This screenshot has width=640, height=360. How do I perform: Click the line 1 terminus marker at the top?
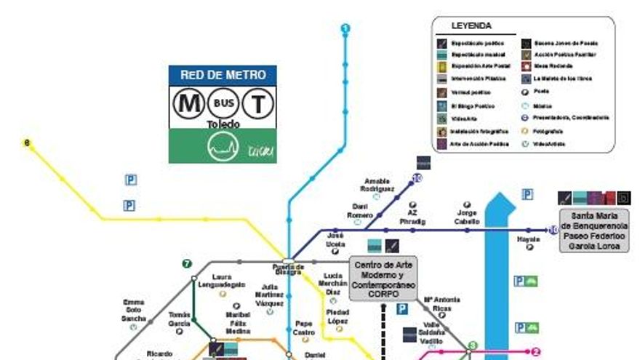click(345, 28)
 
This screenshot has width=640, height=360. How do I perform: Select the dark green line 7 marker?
click(187, 263)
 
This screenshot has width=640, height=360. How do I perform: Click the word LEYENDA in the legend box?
click(471, 26)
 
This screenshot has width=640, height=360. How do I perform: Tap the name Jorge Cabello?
click(468, 217)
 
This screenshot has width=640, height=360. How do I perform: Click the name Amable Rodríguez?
click(377, 185)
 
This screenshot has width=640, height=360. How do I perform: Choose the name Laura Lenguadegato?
click(223, 281)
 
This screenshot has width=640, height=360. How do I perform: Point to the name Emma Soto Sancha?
click(134, 310)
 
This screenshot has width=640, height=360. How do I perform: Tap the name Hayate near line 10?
click(529, 239)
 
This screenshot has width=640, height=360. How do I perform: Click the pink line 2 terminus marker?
click(536, 351)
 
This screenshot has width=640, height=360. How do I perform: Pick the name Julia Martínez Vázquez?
click(269, 295)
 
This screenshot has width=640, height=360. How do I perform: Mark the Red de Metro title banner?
click(223, 74)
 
